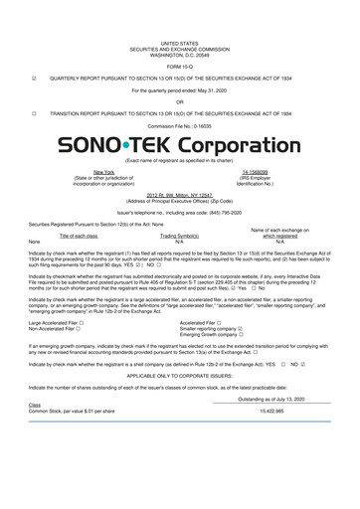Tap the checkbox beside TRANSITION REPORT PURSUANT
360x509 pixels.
coord(35,113)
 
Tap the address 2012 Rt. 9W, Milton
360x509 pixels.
coord(179,194)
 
